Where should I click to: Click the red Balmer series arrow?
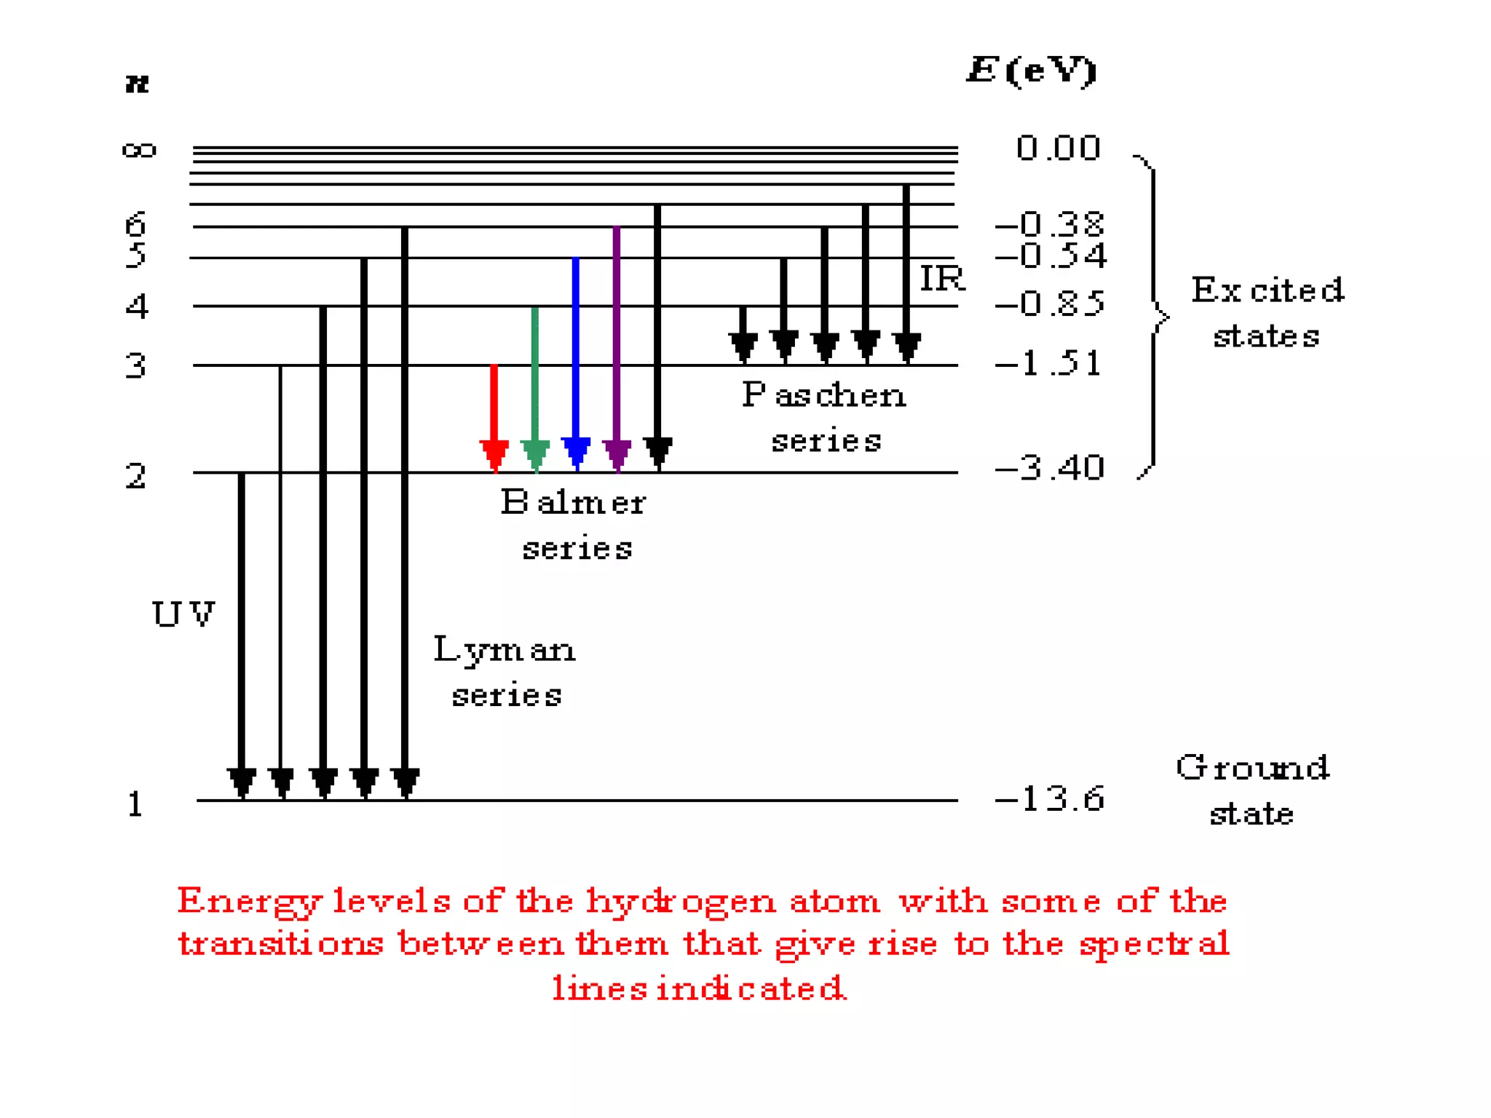point(494,415)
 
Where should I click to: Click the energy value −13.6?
point(1050,798)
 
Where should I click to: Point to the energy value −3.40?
point(1050,467)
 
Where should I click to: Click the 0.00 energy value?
point(1058,148)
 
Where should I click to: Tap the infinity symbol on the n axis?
point(139,151)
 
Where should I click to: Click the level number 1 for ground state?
point(135,805)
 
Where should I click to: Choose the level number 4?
point(136,306)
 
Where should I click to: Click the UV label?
point(183,614)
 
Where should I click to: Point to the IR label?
point(942,278)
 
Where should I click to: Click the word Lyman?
point(505,650)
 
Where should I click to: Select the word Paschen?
point(824,396)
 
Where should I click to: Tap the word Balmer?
point(574,502)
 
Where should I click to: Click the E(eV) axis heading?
point(1032,71)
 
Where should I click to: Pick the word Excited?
point(1267,290)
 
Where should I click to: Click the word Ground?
point(1253,768)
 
